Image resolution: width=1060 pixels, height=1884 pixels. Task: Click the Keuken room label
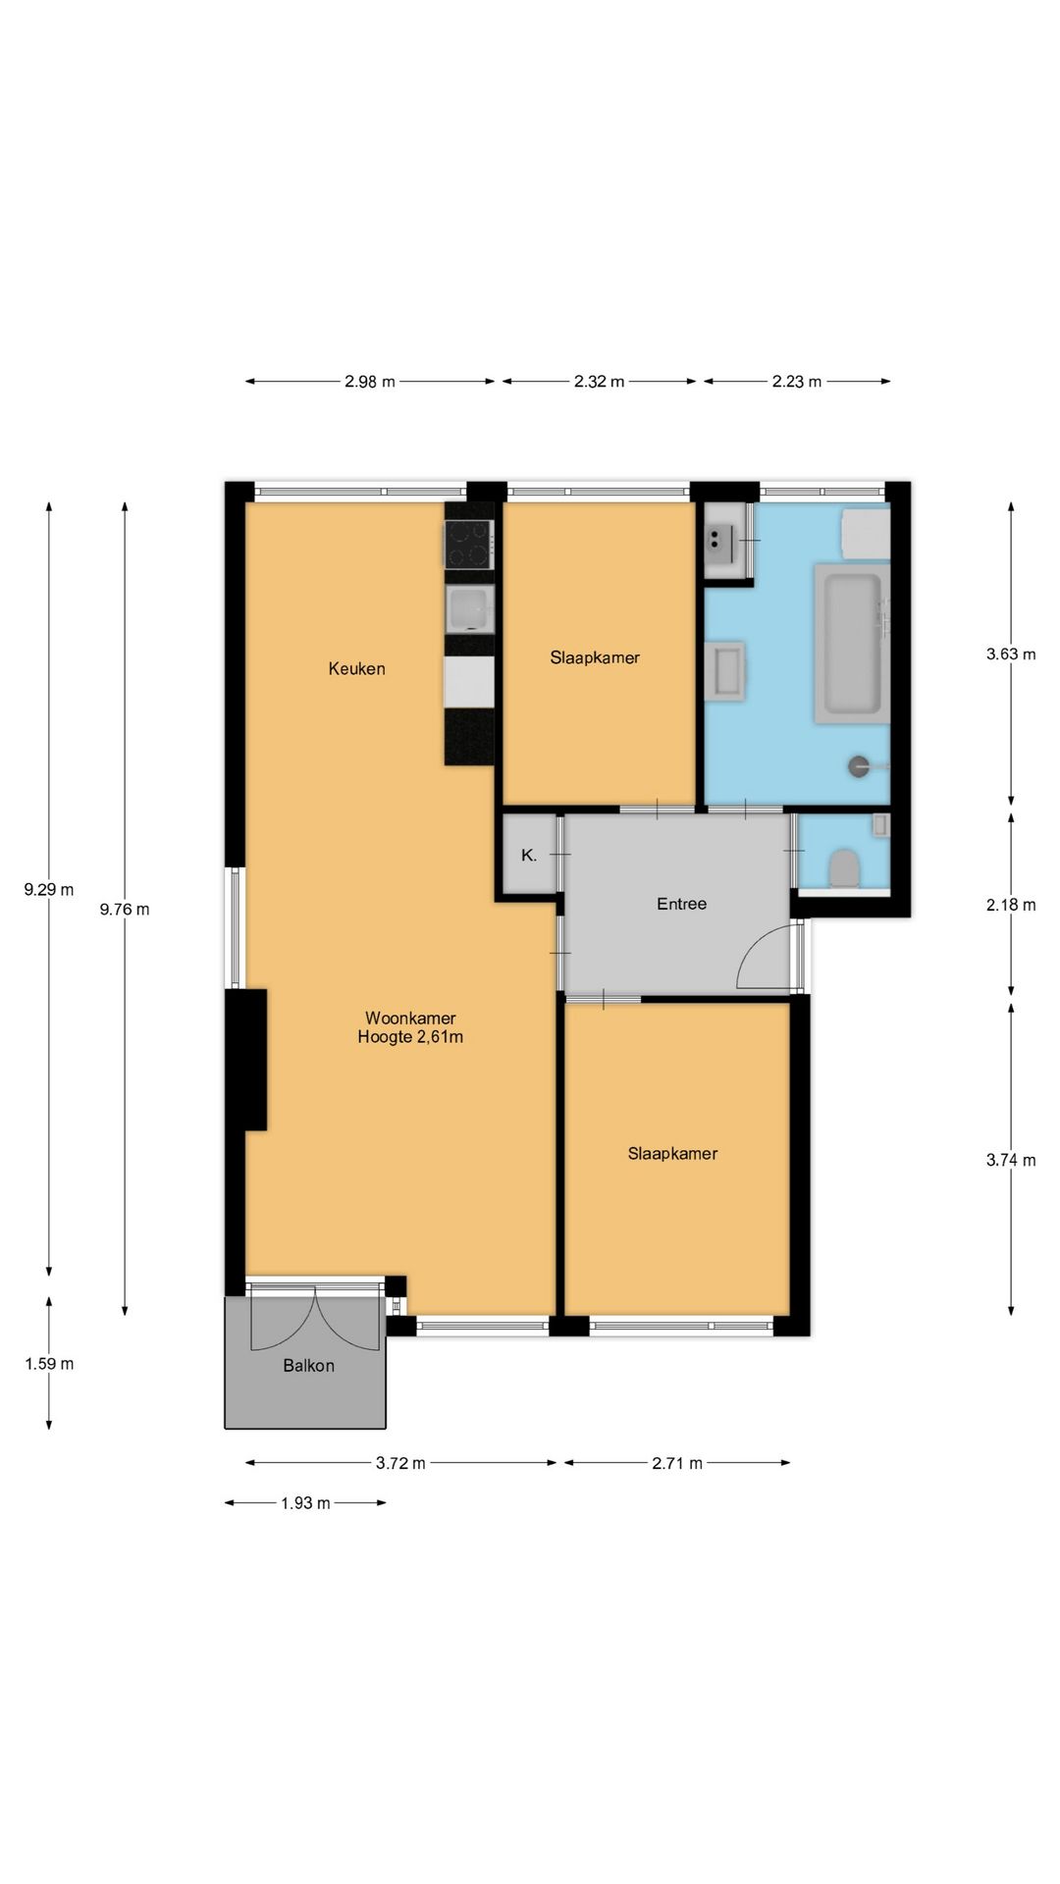(x=356, y=669)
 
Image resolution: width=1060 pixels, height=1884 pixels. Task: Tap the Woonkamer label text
(x=410, y=1019)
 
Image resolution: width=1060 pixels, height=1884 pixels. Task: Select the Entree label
(x=681, y=904)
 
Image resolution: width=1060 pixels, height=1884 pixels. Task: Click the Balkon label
(x=308, y=1366)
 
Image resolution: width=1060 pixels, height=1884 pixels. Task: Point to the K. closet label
(x=529, y=856)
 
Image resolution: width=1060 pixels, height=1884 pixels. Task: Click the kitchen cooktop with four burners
(x=469, y=545)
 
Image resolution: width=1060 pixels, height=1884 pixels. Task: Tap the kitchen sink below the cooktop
(x=469, y=609)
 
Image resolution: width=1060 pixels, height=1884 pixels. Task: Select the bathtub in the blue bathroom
(x=851, y=644)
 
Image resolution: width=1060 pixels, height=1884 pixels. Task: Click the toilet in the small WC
(x=844, y=868)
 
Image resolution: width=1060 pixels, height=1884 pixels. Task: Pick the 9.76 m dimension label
(x=125, y=910)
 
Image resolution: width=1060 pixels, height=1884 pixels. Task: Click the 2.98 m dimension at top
(x=370, y=382)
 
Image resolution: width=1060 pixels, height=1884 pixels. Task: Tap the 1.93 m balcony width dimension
(x=305, y=1503)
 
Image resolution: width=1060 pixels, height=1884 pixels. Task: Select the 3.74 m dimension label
(x=1011, y=1160)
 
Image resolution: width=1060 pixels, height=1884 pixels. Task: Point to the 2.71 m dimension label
(x=677, y=1464)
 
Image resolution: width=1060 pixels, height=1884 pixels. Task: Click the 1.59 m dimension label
(x=49, y=1364)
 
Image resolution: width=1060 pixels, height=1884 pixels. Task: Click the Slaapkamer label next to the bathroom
(x=595, y=658)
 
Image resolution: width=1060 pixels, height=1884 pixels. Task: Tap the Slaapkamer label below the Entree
(x=672, y=1154)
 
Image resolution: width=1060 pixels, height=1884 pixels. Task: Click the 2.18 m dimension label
(x=1011, y=905)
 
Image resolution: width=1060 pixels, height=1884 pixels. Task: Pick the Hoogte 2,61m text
(x=410, y=1037)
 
